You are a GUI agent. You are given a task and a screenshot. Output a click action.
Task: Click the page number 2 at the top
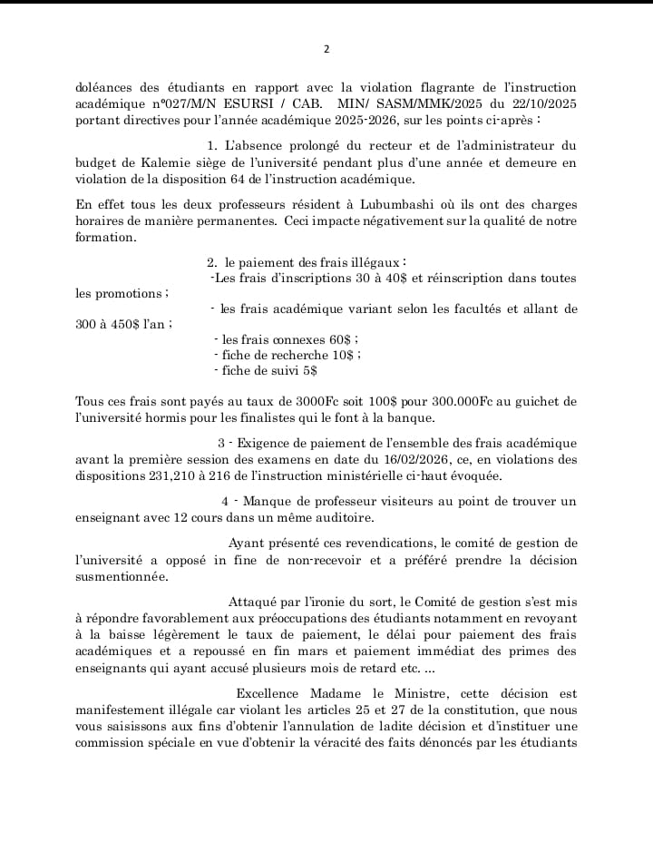[326, 49]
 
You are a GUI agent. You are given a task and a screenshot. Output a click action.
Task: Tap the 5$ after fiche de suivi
[309, 370]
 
